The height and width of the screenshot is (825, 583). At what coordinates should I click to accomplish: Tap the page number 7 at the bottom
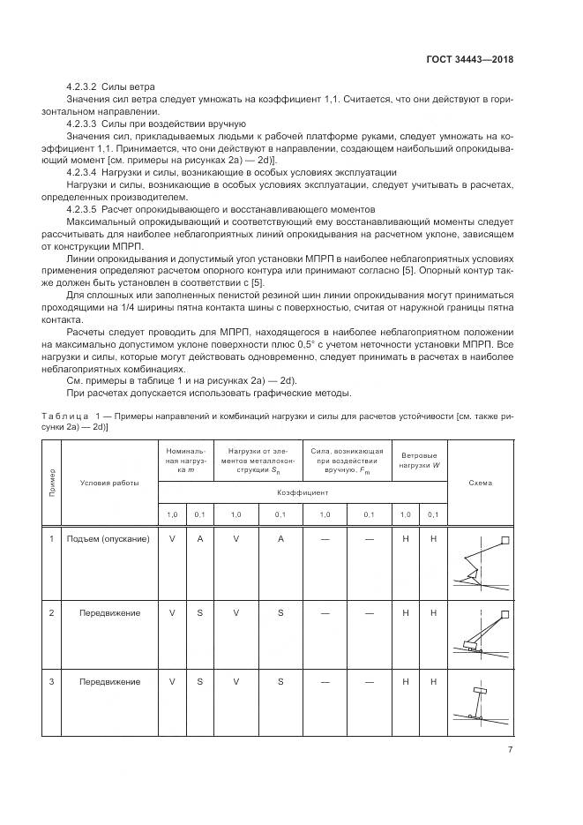point(510,750)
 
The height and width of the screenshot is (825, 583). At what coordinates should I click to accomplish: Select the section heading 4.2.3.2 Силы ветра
point(110,87)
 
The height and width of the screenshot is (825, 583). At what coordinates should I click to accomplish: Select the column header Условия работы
point(109,483)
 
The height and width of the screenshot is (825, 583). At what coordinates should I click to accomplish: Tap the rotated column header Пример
point(52,483)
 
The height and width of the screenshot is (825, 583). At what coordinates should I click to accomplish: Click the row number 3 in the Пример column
point(52,681)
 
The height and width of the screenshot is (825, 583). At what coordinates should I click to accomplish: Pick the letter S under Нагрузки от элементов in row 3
point(280,681)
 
